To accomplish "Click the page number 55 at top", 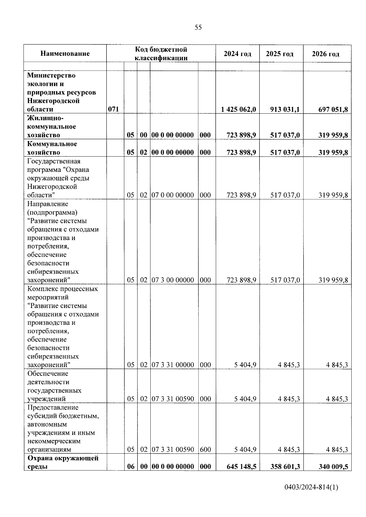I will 198,28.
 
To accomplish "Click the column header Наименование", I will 65,54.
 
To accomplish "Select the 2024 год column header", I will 237,54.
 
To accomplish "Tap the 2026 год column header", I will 325,54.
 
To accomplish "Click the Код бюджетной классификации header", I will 161,54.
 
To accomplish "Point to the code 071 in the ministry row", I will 113,109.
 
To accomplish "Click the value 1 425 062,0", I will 239,109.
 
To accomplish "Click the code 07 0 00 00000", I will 173,195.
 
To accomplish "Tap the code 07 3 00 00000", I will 173,280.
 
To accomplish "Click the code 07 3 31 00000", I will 173,365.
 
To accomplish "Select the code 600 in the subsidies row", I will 205,449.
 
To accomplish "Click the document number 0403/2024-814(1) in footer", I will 311,487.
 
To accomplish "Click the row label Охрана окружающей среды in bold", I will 63,462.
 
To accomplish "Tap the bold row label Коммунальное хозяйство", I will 52,148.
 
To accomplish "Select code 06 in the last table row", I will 131,466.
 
